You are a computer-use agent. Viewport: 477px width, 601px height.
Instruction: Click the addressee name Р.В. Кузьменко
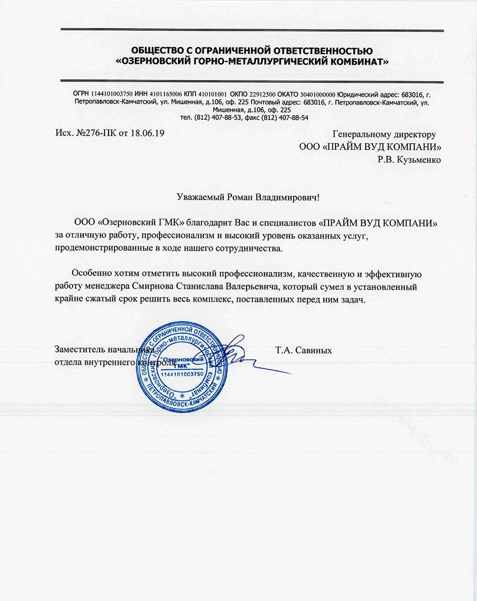click(x=409, y=159)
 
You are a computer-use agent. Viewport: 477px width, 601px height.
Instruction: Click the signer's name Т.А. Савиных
click(x=303, y=350)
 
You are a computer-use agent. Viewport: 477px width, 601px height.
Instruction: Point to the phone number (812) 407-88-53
click(x=211, y=118)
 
